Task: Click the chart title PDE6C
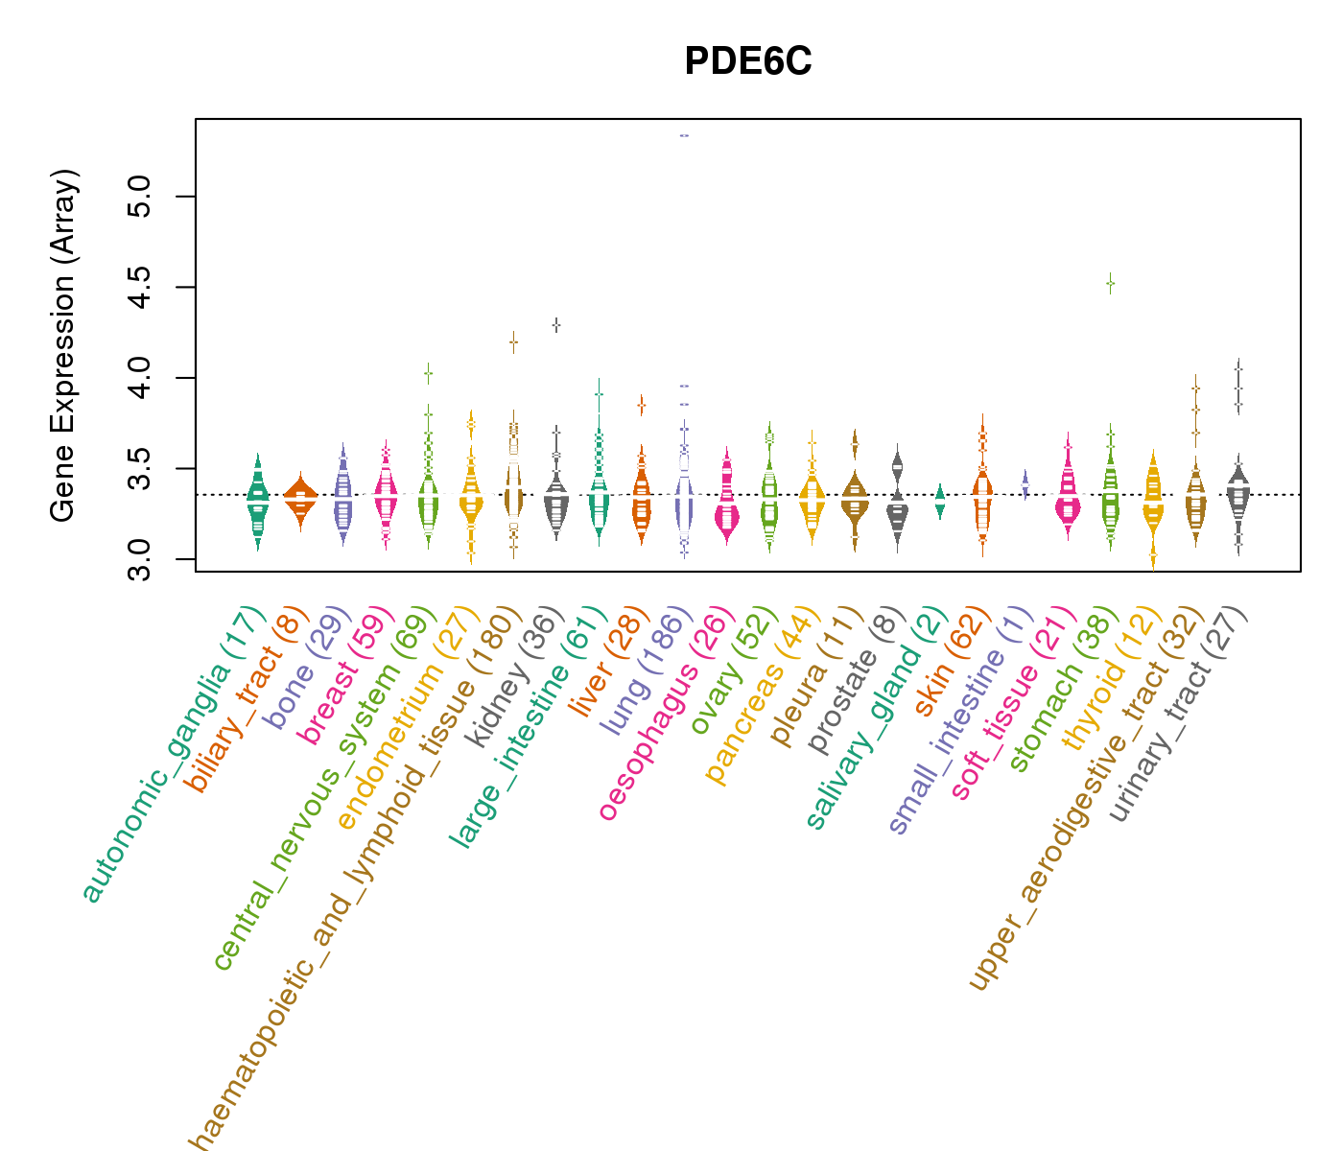748,62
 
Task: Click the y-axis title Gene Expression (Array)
63,345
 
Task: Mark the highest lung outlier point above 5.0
684,136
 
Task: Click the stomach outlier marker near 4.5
1110,283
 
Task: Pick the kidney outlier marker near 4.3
555,325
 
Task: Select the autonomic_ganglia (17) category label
173,756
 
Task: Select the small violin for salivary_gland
940,501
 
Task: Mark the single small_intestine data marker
1025,483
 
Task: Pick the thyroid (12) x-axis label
1103,681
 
